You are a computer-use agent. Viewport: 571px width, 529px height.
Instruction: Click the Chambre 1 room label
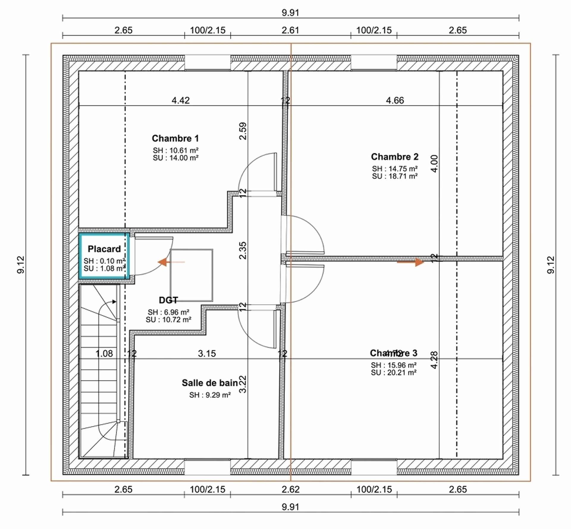[175, 138]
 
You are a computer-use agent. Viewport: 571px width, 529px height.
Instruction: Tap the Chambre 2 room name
[395, 156]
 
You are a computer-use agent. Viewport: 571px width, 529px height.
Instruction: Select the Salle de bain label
[210, 383]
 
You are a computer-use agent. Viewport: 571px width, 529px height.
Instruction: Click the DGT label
[168, 300]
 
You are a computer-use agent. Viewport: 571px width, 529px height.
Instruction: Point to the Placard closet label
[104, 249]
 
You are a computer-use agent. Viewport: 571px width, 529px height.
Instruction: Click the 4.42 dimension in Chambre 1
[181, 100]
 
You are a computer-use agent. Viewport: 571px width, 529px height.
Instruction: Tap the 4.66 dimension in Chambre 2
[395, 100]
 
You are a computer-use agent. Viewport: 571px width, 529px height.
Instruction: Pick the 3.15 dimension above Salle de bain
[207, 353]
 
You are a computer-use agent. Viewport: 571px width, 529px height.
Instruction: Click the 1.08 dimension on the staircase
[104, 353]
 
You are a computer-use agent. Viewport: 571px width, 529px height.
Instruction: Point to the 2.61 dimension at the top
[290, 30]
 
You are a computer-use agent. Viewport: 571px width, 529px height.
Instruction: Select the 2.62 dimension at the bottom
[291, 489]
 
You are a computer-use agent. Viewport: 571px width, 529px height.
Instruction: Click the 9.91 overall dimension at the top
[290, 13]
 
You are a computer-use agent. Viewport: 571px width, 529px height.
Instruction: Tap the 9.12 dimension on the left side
[21, 265]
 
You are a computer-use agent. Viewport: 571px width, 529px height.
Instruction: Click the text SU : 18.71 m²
[395, 176]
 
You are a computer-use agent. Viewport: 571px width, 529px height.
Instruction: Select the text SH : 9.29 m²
[210, 395]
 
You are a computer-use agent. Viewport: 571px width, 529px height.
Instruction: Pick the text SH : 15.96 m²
[393, 365]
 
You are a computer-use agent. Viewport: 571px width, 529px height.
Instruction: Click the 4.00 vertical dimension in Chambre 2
[434, 164]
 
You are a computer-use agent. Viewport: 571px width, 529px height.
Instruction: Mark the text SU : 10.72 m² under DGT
[168, 320]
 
